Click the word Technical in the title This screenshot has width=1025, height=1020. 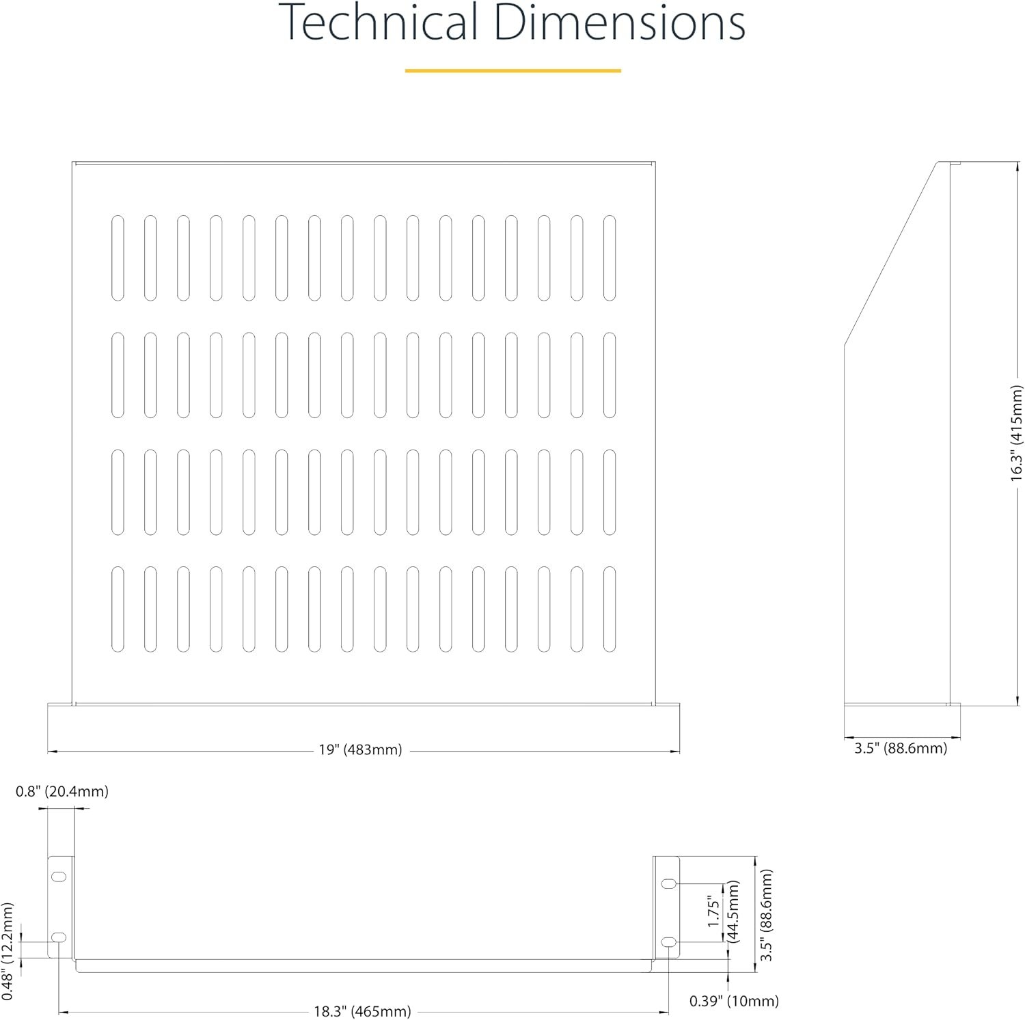coord(378,23)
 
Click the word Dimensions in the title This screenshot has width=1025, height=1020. coord(618,23)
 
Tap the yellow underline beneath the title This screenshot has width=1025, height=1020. coord(512,70)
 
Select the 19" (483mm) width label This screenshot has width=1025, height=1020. coord(360,750)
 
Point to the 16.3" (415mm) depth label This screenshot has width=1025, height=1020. coord(1017,433)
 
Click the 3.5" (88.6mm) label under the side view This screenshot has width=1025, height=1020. coord(901,748)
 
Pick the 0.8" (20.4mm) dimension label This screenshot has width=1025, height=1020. coord(62,791)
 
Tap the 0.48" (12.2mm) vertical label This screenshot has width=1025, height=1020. coord(8,951)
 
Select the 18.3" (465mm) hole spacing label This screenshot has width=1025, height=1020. coord(362,1011)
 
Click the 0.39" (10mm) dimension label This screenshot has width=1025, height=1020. coord(734,1001)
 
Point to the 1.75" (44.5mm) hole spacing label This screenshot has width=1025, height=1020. coord(723,911)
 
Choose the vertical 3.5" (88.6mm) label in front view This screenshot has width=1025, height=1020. coord(767,915)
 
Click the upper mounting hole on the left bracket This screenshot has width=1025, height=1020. coord(59,876)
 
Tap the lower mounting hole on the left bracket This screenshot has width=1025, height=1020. coord(59,937)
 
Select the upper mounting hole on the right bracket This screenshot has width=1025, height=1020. coord(669,884)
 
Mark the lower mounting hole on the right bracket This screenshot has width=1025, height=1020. coord(669,942)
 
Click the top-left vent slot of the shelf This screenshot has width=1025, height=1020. coord(118,258)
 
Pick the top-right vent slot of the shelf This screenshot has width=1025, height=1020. coord(610,258)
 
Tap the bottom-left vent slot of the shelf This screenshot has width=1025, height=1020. coord(118,609)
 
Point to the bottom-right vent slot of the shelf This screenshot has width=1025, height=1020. coord(610,609)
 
